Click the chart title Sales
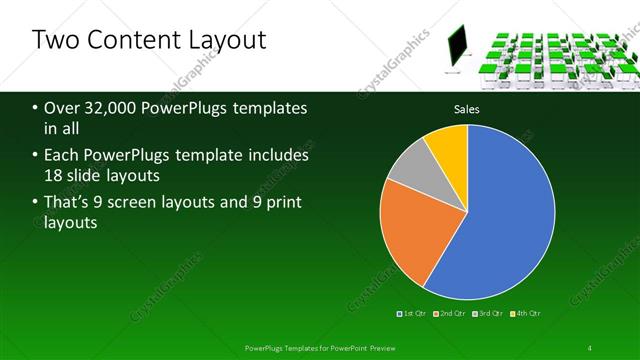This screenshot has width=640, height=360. pos(467,108)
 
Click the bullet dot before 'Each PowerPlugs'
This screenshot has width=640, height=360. pos(36,157)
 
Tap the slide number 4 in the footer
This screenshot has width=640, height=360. pos(589,347)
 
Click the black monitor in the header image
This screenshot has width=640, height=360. pos(457,44)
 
